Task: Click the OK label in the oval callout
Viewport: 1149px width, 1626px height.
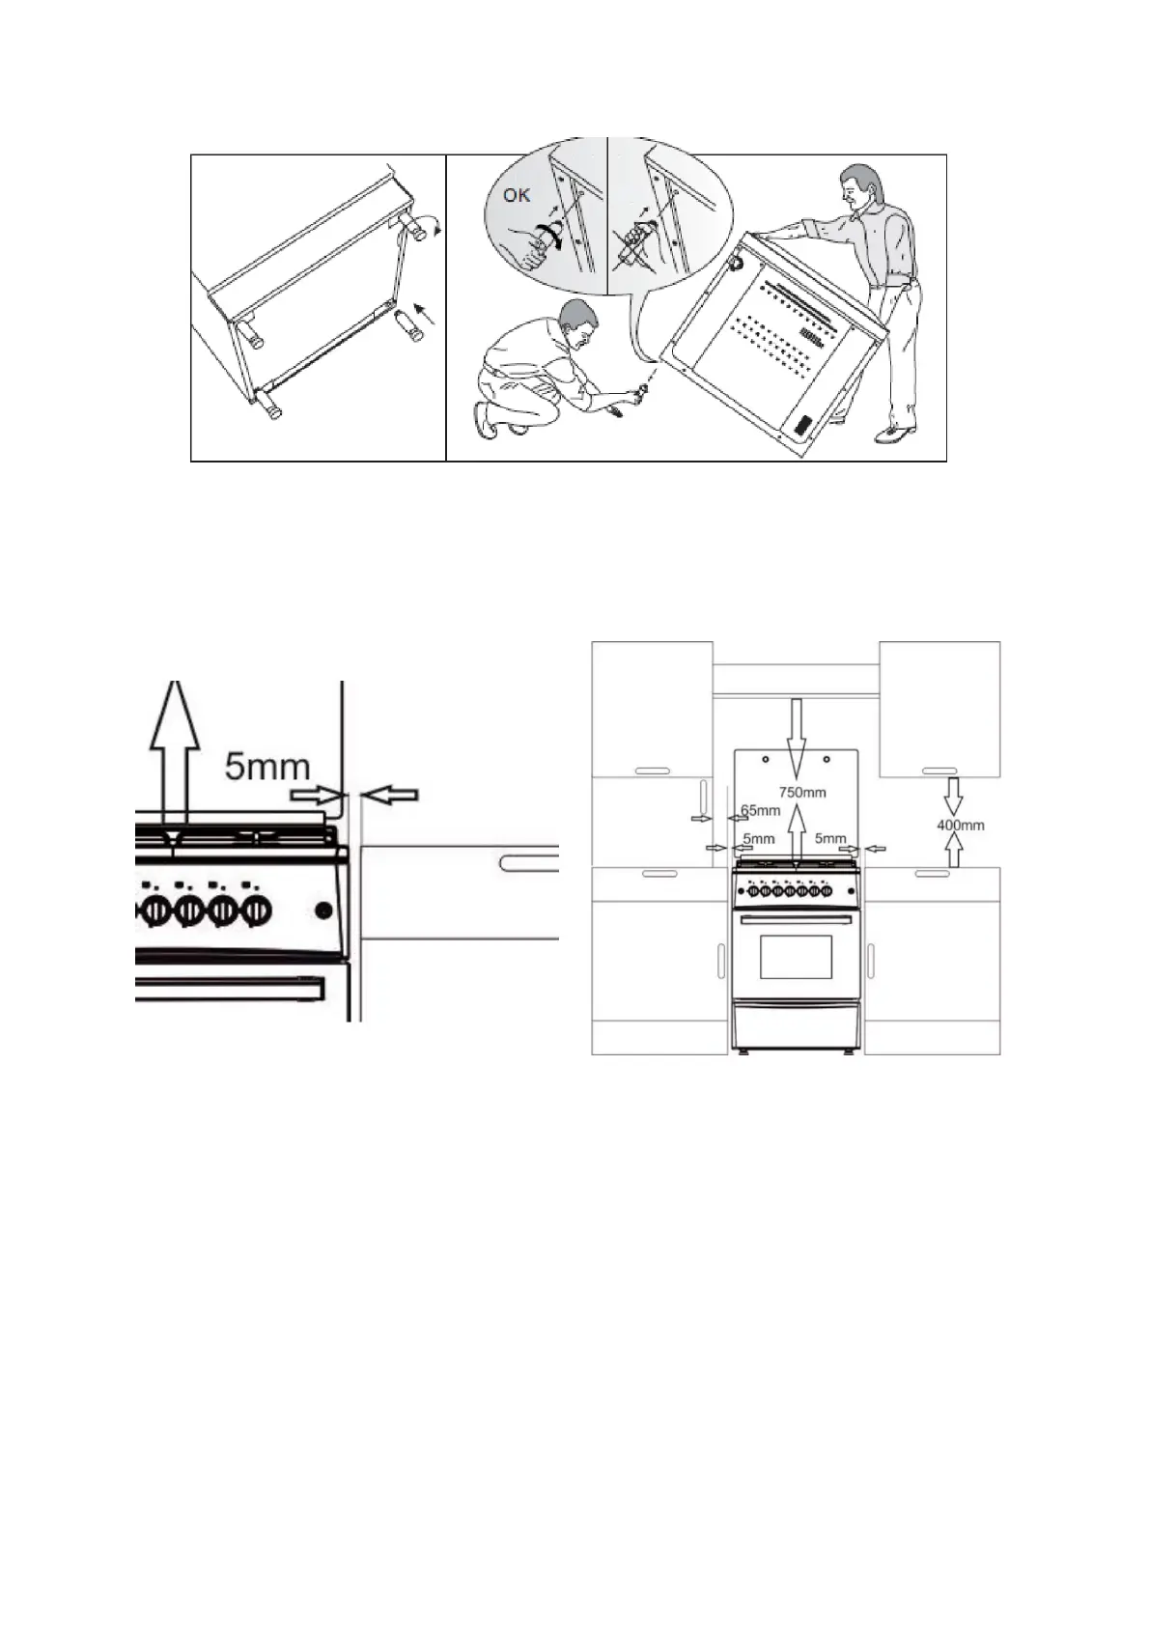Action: pyautogui.click(x=517, y=195)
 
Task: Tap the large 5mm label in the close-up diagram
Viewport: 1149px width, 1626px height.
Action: pyautogui.click(x=267, y=767)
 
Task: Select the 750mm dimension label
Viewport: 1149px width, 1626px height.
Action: pyautogui.click(x=802, y=792)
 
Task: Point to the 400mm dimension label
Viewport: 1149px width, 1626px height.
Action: pyautogui.click(x=961, y=826)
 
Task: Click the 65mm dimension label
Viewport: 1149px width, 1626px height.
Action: pyautogui.click(x=760, y=810)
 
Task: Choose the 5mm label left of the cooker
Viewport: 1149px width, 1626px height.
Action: pyautogui.click(x=759, y=839)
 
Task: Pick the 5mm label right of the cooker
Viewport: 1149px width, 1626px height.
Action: pyautogui.click(x=830, y=839)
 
